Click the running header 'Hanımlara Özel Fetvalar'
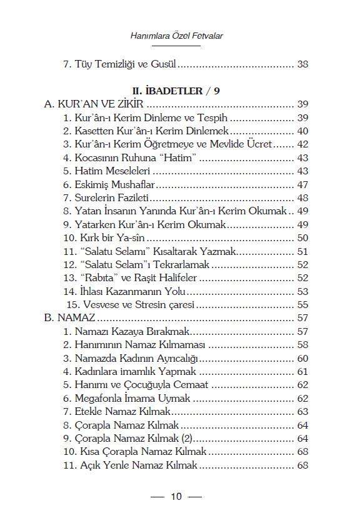(x=179, y=36)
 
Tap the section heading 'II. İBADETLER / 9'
(x=179, y=91)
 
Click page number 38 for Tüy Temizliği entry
(x=303, y=64)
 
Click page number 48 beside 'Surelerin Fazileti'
(x=303, y=198)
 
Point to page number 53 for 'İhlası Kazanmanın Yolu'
(x=303, y=292)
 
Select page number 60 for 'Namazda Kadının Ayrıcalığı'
(x=303, y=359)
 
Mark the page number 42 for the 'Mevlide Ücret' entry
(x=303, y=144)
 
